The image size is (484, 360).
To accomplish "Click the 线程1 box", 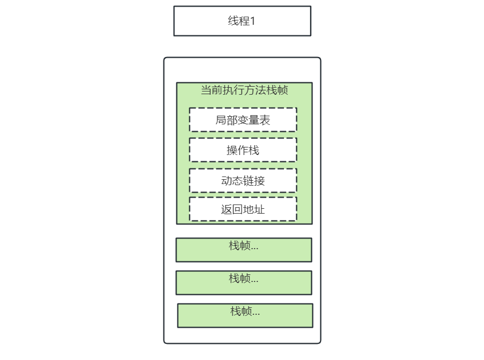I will [x=242, y=21].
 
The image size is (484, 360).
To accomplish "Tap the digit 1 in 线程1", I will [x=252, y=22].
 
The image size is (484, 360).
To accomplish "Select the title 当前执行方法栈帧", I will [x=244, y=90].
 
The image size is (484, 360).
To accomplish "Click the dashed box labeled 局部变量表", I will [x=243, y=119].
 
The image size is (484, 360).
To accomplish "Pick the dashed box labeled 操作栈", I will [x=243, y=150].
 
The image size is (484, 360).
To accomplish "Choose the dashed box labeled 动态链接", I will [x=243, y=180].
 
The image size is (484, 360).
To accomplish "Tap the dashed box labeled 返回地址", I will [x=243, y=209].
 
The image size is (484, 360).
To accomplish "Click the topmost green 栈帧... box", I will [x=244, y=250].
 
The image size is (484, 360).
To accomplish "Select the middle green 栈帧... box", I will [x=244, y=283].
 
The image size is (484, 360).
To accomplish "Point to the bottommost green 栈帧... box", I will [x=245, y=315].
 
